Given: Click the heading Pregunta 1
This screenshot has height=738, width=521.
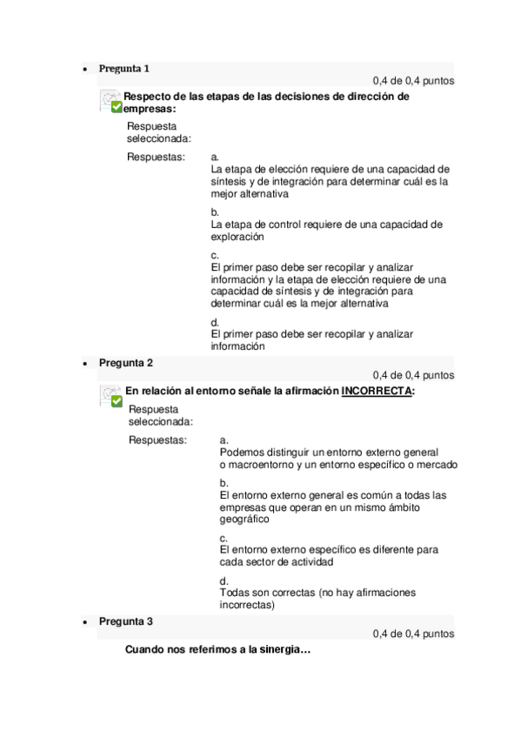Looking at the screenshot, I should [124, 68].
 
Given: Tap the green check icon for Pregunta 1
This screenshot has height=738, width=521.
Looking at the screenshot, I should [116, 107].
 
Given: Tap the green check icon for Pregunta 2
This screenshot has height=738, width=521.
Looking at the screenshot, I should [116, 401].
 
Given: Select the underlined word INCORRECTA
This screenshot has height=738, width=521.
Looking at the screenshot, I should [376, 392].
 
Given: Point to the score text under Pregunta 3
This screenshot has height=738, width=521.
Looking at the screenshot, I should [413, 634].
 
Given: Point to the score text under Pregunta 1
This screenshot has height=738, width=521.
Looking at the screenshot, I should [413, 81].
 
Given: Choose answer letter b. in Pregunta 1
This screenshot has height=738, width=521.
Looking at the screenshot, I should [215, 211].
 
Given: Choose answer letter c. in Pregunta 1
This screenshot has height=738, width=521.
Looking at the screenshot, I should [215, 254].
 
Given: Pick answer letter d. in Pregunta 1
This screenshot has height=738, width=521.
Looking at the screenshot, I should [215, 322].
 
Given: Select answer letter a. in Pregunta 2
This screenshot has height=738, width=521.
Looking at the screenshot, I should [224, 440].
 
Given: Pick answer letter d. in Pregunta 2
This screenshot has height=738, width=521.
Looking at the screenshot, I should [224, 580].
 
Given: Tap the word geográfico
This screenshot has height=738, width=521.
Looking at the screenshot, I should [244, 519].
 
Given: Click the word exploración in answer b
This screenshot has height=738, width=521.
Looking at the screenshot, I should [237, 236].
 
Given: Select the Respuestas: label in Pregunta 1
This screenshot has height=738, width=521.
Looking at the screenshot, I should [156, 158].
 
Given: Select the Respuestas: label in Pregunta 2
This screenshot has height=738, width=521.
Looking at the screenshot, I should [157, 440].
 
